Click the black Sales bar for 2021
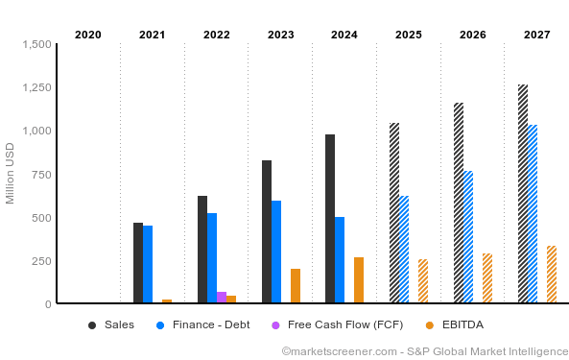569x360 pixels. [x=138, y=263]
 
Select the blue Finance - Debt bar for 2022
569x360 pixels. [x=212, y=258]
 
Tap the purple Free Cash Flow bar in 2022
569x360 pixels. [x=222, y=298]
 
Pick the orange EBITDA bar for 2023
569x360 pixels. [x=296, y=286]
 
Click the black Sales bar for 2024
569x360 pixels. [x=330, y=219]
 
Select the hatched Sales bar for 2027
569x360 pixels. [x=523, y=194]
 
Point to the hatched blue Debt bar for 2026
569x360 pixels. [x=468, y=237]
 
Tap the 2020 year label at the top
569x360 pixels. [x=88, y=35]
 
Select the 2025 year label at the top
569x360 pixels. [x=409, y=35]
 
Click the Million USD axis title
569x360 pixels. [x=11, y=174]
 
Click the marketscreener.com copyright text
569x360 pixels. [x=424, y=351]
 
